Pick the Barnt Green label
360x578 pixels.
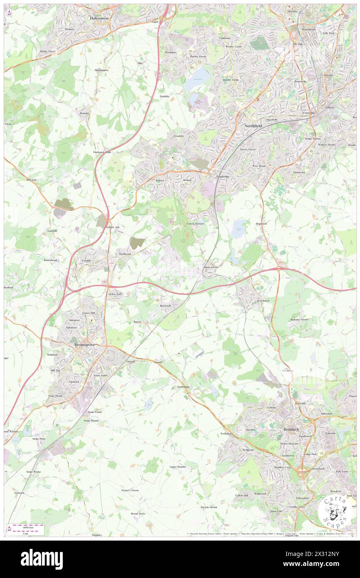211,267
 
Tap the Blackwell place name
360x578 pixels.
165,306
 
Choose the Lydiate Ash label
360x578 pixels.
113,227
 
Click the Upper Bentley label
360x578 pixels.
178,467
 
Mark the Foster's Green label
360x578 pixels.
130,490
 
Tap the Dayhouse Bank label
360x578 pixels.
102,152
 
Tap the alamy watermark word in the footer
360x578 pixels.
42,559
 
